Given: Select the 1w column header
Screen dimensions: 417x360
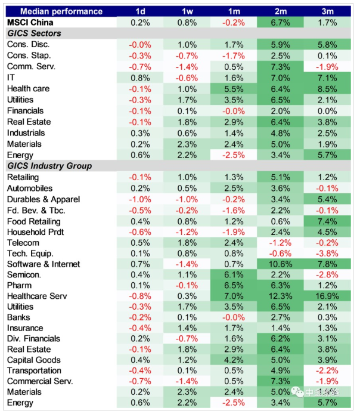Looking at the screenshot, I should coord(187,11).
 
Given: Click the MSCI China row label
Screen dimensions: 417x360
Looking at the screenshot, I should coord(30,23).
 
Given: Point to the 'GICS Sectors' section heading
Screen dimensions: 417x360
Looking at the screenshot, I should coord(34,33).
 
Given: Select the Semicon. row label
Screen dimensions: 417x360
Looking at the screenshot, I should coord(25,274).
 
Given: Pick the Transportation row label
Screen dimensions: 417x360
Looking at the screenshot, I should coord(34,370).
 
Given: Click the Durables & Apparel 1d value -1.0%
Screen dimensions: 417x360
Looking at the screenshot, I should coord(140,199).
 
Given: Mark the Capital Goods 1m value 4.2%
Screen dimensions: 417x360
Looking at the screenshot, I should coord(234,360).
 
